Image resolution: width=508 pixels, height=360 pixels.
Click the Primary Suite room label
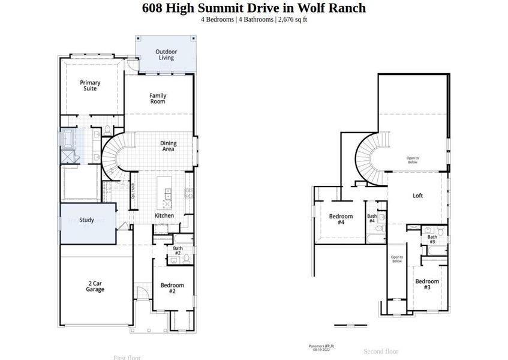91,86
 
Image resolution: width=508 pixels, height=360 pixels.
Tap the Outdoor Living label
166,55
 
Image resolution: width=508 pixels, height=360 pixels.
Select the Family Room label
158,98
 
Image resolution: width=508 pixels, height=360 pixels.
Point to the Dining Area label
167,146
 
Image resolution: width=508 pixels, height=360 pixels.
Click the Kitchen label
164,215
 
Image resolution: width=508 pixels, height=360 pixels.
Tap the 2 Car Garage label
95,286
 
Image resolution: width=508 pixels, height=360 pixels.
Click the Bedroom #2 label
172,288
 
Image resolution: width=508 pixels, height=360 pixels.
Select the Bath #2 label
178,251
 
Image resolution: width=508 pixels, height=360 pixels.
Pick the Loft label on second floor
417,196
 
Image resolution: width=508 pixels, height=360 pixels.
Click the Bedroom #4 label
341,219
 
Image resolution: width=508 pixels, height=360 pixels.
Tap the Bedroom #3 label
427,284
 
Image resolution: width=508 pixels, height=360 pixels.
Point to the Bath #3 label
432,239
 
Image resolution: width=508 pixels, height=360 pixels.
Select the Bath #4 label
372,218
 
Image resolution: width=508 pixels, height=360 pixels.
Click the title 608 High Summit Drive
253,8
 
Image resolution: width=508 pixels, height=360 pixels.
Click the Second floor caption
381,351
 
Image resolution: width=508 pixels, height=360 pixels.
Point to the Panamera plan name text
321,346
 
